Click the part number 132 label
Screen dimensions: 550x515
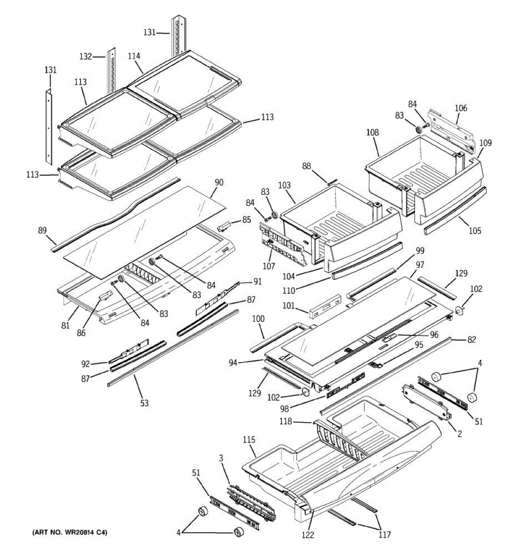click(x=86, y=57)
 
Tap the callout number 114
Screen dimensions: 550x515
click(x=134, y=56)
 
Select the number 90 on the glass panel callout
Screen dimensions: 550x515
click(x=219, y=182)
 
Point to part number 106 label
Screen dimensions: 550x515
click(x=461, y=108)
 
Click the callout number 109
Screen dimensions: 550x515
click(x=485, y=143)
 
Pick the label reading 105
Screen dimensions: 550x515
click(x=475, y=231)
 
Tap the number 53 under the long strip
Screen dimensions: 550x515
click(x=144, y=403)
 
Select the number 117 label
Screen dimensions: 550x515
click(x=385, y=534)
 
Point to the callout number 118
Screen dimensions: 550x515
click(x=286, y=421)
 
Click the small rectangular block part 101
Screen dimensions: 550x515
click(x=325, y=307)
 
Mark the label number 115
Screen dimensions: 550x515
click(x=249, y=440)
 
